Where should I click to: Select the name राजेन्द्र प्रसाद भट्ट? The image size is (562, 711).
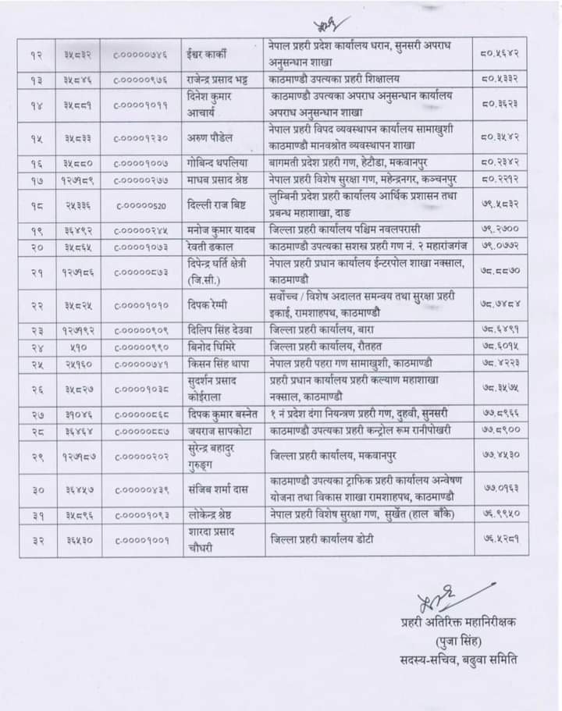click(x=219, y=79)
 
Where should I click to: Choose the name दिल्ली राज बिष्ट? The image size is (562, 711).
click(x=212, y=205)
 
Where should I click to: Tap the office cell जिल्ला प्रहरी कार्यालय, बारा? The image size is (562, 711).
click(x=322, y=329)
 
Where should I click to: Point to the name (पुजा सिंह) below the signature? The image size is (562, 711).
click(x=454, y=641)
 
